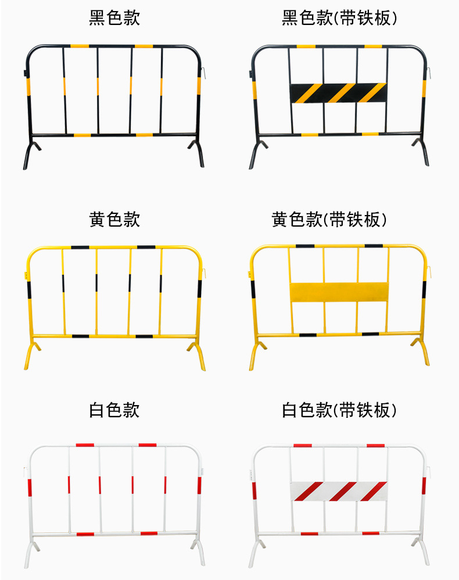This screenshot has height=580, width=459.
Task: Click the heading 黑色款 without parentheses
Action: point(114,18)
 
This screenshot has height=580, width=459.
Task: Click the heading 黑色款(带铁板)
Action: point(340,18)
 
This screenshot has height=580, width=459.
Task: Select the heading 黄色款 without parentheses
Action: point(114,219)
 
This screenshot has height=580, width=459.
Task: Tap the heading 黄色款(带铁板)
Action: point(329,219)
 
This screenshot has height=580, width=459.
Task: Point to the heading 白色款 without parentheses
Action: point(114,410)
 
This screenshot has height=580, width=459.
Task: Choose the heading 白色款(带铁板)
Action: point(340,410)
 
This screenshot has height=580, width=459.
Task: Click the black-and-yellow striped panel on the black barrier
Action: point(338,92)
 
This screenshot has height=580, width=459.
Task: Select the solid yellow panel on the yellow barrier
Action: point(339,292)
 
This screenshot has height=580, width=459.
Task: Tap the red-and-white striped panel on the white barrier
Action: point(339,491)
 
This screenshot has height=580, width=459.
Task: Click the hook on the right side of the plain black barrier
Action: point(205,72)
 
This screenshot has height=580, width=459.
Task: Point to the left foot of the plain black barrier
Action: point(28,157)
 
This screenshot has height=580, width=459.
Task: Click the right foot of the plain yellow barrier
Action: point(199,356)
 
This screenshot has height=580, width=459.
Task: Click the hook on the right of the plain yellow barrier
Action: point(205,271)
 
